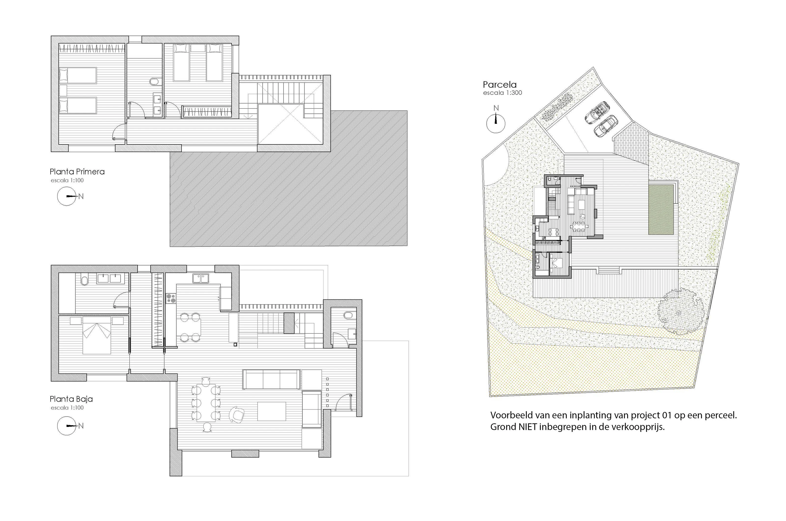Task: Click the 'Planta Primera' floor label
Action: (x=77, y=171)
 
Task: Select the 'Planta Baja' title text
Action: (x=71, y=399)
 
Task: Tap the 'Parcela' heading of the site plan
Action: (x=500, y=84)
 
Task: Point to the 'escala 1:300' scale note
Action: (x=502, y=93)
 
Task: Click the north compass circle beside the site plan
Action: (x=496, y=123)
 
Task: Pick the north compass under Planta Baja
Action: (x=67, y=426)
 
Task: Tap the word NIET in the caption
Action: (x=528, y=427)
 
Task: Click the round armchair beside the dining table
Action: (x=237, y=415)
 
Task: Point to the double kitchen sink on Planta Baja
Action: (x=201, y=278)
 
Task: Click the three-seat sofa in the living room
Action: (x=272, y=379)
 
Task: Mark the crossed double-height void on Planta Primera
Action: (x=290, y=124)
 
